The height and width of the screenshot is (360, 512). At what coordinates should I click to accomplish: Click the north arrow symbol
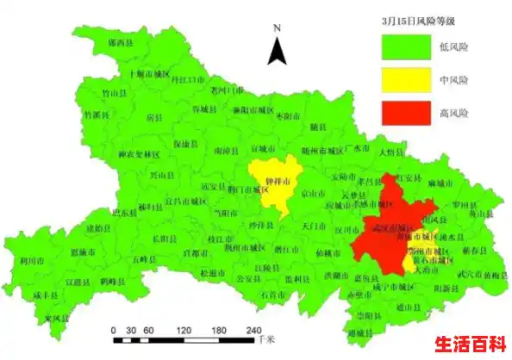click(277, 47)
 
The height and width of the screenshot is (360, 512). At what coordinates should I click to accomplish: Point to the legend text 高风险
click(453, 112)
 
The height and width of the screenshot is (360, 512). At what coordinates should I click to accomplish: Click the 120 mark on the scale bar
click(184, 330)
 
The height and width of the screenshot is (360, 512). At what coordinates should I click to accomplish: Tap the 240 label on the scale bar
click(253, 330)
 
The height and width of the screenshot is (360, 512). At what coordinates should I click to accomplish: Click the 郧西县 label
click(120, 41)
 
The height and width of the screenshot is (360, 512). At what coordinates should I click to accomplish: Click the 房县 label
click(153, 115)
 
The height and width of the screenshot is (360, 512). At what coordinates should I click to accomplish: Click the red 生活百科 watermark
click(469, 344)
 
